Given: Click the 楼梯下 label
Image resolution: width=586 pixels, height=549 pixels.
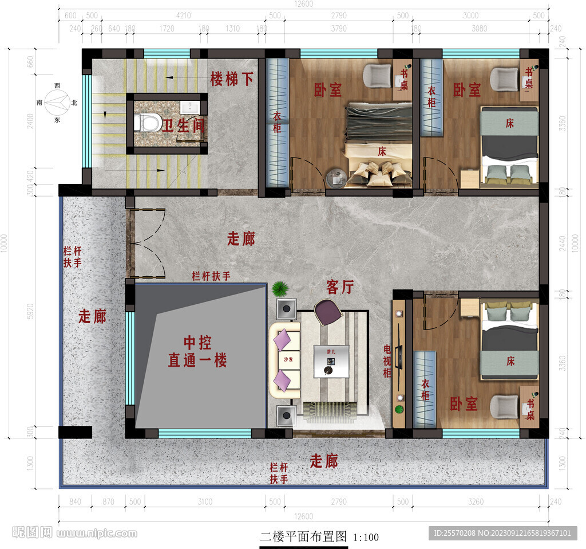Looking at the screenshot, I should pyautogui.click(x=231, y=79).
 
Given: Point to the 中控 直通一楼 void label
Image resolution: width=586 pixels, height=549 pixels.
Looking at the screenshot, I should pyautogui.click(x=197, y=352).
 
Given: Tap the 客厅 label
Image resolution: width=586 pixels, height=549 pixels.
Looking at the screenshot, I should pyautogui.click(x=340, y=287).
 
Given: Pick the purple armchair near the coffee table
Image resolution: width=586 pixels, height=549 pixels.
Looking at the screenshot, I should pyautogui.click(x=327, y=312).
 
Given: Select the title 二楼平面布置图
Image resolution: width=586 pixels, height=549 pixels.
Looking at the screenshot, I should pyautogui.click(x=303, y=537).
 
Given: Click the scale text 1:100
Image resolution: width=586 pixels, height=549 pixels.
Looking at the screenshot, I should pyautogui.click(x=366, y=538).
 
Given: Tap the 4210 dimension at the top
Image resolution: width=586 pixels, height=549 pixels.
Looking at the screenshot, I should pyautogui.click(x=183, y=15).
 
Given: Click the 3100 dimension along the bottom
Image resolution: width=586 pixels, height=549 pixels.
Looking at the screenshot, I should pyautogui.click(x=205, y=502).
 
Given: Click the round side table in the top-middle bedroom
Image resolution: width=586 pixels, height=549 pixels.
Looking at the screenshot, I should pyautogui.click(x=335, y=178).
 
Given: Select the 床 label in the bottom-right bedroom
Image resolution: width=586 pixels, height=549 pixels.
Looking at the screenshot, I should pyautogui.click(x=510, y=361).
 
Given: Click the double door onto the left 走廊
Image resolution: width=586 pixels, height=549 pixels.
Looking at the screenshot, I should pyautogui.click(x=145, y=244).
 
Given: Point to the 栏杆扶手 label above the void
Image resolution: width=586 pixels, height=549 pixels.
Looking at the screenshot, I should pyautogui.click(x=211, y=276).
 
